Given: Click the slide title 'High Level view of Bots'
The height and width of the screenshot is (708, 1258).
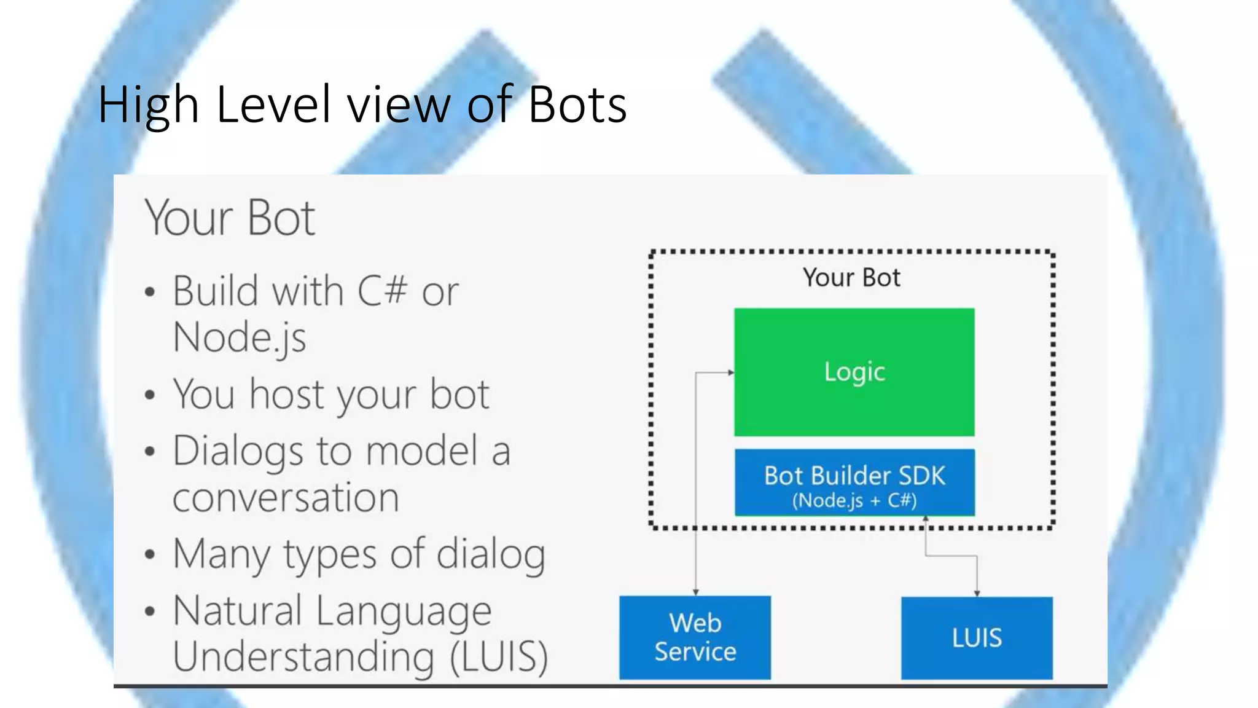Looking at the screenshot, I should [x=362, y=104].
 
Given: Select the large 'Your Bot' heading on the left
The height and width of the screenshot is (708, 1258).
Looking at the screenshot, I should [x=230, y=218].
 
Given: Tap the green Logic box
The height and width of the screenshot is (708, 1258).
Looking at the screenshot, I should [x=854, y=372].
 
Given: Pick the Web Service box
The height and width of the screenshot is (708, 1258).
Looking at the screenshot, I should [x=695, y=637].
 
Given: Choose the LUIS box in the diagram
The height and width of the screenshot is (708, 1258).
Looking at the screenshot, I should [x=977, y=637].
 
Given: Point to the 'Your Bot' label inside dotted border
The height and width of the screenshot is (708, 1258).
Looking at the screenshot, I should [x=851, y=278].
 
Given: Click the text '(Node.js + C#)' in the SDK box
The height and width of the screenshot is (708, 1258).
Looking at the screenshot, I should [x=854, y=500].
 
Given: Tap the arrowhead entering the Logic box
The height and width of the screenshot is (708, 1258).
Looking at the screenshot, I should [x=731, y=372].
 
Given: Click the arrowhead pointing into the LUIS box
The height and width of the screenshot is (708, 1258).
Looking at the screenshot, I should [x=977, y=593].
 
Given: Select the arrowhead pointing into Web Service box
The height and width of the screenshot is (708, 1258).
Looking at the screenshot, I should [x=695, y=592].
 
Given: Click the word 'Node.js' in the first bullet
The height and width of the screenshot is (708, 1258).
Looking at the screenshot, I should [x=240, y=337].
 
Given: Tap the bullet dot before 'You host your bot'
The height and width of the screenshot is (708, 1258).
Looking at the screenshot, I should [x=150, y=395].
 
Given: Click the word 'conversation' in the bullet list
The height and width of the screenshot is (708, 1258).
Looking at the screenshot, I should [x=286, y=497].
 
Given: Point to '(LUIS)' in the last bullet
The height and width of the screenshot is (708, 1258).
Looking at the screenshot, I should [x=499, y=656].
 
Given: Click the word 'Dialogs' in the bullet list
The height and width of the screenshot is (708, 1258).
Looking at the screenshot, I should [x=238, y=452].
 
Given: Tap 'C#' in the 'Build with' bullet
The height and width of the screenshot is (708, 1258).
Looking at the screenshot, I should [x=382, y=291].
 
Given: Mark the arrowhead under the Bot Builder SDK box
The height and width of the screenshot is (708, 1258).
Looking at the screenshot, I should [x=926, y=520].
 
